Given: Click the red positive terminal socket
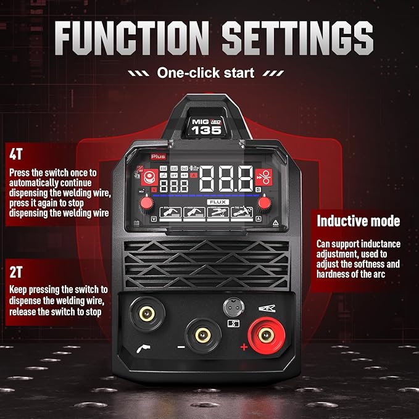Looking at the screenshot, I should tap(266, 334).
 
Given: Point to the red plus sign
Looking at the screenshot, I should tap(244, 349).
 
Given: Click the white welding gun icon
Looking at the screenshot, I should tap(141, 348).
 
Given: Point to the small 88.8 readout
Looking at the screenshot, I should tap(175, 186).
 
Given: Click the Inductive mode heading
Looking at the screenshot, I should tap(358, 220).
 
